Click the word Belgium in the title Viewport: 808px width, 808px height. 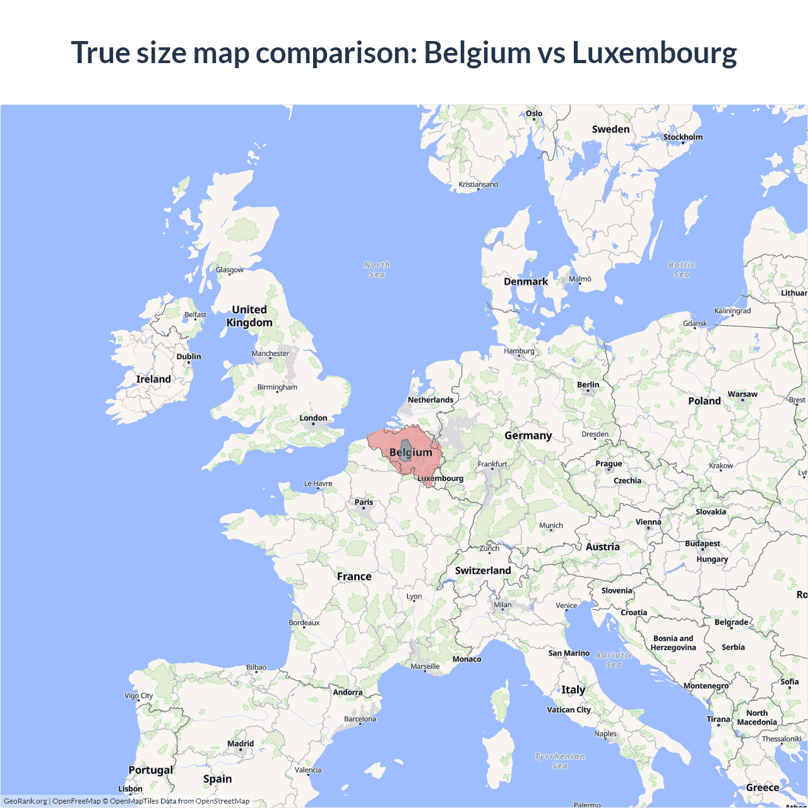477,52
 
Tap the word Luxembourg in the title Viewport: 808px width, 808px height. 654,52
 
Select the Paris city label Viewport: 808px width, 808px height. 364,502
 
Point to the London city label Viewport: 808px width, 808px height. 313,418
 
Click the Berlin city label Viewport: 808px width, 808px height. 588,384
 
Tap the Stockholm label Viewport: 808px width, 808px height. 682,137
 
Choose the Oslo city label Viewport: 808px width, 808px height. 534,114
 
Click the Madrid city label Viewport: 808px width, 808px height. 241,744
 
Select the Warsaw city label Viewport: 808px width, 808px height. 742,394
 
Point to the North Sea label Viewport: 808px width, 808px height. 377,270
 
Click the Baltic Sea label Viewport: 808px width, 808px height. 682,270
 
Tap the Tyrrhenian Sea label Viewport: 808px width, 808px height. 560,761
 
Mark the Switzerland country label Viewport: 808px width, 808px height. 483,571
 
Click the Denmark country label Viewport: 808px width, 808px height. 525,282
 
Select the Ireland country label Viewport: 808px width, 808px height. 153,379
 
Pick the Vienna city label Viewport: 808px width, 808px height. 648,522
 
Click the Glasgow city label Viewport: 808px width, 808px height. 230,270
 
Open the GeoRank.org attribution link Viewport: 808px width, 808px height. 25,801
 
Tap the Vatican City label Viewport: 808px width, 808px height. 569,710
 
